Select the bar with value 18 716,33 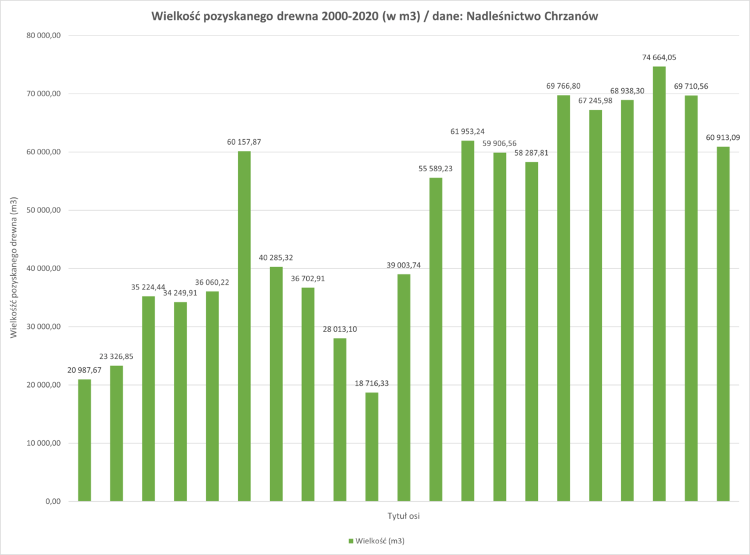(372, 446)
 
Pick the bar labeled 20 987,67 (85, 440)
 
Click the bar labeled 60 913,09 (723, 324)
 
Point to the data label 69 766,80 (563, 86)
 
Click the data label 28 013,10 (340, 329)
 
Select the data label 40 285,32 (275, 257)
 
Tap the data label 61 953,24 (467, 131)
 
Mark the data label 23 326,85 (116, 356)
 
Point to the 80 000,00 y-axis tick (43, 35)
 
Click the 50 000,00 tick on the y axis (43, 210)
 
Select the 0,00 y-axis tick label (52, 502)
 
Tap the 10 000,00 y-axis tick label (43, 444)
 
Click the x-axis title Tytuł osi (403, 516)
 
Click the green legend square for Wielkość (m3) (351, 541)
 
